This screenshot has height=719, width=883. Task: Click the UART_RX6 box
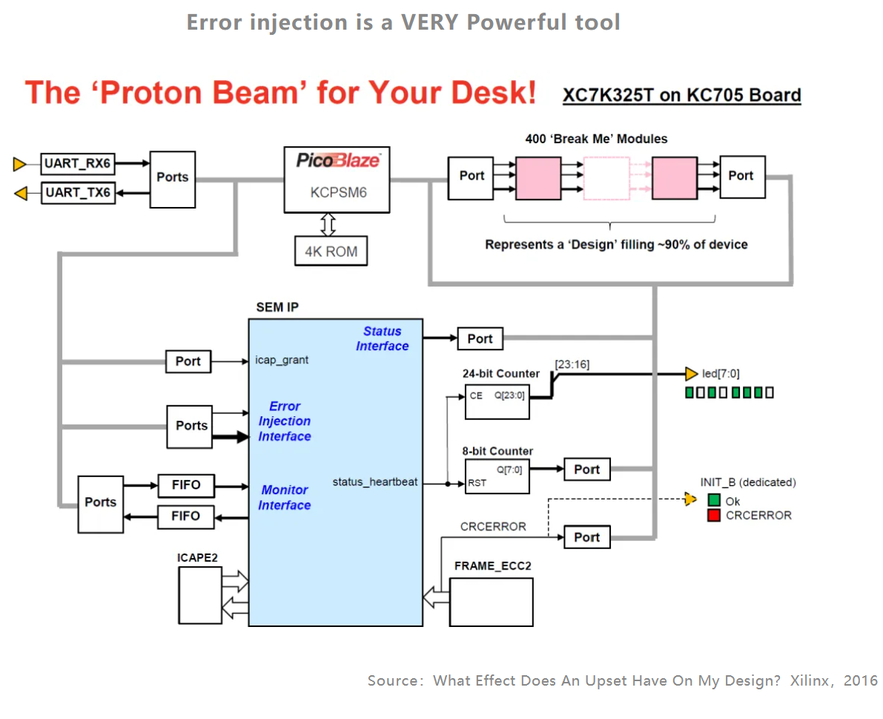[x=78, y=163]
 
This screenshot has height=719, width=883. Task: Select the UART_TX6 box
[x=78, y=193]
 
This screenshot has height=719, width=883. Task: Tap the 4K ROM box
[x=331, y=252]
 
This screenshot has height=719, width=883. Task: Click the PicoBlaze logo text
[x=338, y=160]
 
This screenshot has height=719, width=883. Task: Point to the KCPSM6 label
[x=338, y=193]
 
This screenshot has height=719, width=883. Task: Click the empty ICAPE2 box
[x=200, y=595]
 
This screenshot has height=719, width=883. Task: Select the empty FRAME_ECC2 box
[x=491, y=602]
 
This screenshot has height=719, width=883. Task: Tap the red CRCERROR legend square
[x=714, y=515]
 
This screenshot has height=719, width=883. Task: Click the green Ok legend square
[x=714, y=500]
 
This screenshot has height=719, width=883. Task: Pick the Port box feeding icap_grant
[x=188, y=361]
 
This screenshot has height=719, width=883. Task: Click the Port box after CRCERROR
[x=586, y=537]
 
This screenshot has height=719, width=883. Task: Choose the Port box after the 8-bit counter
[x=586, y=470]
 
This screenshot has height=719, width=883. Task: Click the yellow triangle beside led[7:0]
[x=691, y=373]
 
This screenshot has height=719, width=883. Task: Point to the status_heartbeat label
[x=375, y=482]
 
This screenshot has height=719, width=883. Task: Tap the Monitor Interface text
[x=285, y=498]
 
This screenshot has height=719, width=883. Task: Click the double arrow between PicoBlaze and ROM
[x=328, y=224]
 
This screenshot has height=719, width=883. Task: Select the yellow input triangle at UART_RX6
[x=20, y=164]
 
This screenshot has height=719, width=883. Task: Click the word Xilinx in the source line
[x=809, y=680]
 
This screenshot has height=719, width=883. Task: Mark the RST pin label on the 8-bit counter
[x=477, y=483]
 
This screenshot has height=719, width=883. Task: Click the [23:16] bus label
[x=572, y=364]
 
